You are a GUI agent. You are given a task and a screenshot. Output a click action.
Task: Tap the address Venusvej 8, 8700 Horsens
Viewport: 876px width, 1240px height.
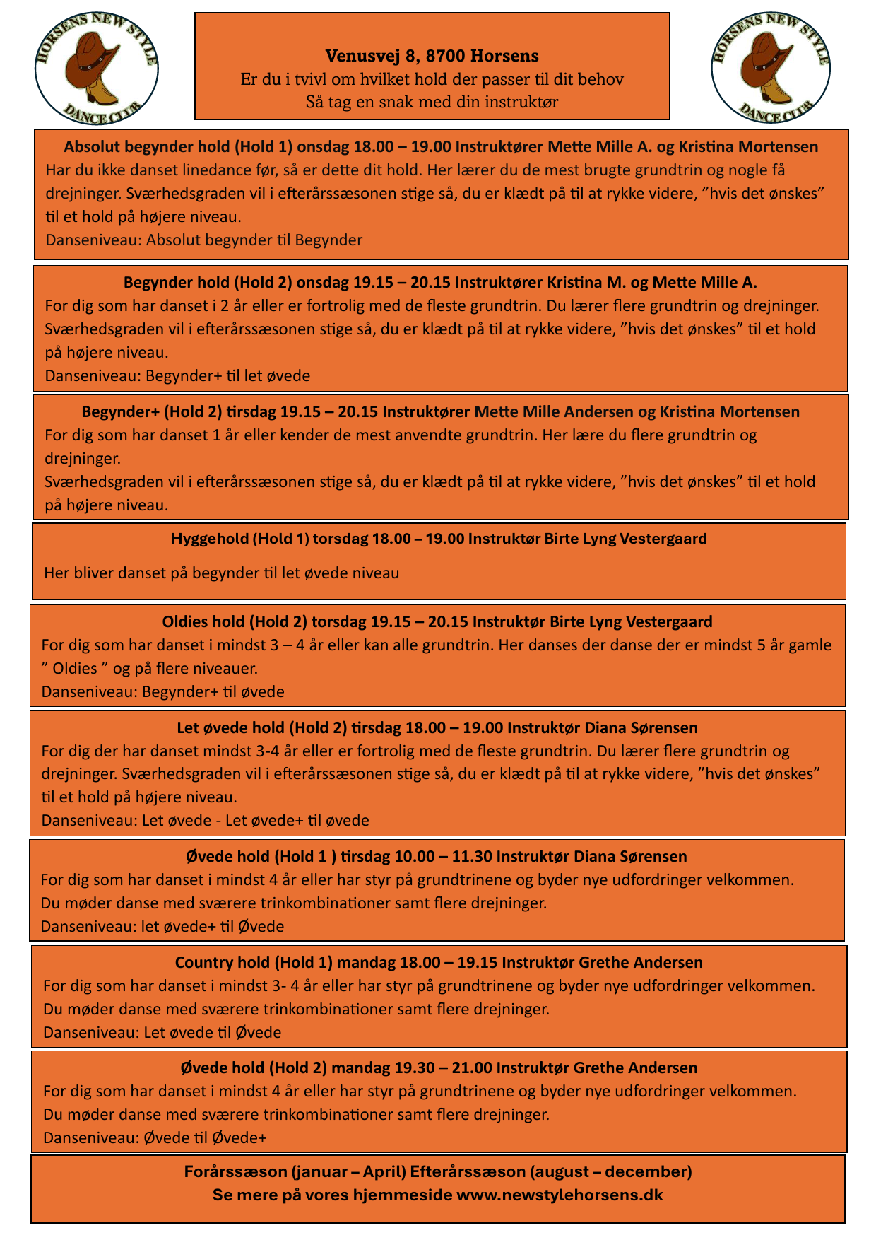click(432, 55)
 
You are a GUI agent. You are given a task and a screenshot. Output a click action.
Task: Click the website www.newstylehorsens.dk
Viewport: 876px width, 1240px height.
click(560, 1195)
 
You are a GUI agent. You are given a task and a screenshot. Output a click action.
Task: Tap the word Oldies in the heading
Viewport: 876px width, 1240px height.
click(186, 621)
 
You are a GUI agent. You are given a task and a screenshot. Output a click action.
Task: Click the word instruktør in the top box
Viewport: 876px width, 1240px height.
click(523, 102)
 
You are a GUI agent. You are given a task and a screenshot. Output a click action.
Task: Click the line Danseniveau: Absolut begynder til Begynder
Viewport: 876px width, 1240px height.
click(204, 240)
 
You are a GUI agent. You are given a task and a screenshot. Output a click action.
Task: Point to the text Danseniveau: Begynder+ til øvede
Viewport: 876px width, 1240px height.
click(163, 691)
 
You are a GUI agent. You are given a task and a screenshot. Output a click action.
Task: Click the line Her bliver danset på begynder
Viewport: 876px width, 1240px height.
click(221, 573)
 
